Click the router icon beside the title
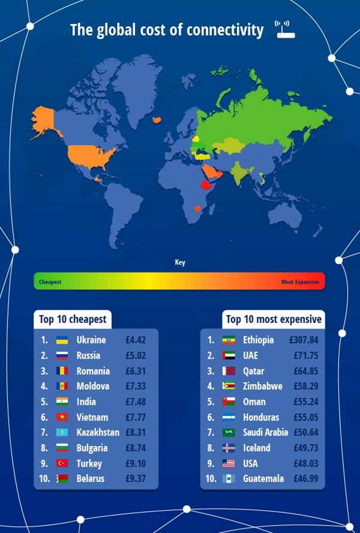(x=285, y=29)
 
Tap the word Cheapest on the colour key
(x=50, y=282)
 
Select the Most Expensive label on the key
(x=300, y=282)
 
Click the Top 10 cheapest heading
(x=72, y=319)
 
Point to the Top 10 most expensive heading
(x=274, y=319)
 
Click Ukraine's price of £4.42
(x=135, y=340)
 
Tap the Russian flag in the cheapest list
(x=62, y=355)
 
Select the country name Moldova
(x=93, y=386)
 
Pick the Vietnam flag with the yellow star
(x=62, y=417)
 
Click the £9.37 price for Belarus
(x=135, y=479)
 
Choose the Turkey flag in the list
(x=62, y=463)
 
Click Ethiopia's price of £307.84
(x=305, y=340)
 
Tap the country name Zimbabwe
(x=262, y=386)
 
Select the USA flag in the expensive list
(x=229, y=463)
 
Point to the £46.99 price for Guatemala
(x=304, y=479)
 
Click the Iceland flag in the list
(x=229, y=448)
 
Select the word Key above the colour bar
(x=180, y=262)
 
